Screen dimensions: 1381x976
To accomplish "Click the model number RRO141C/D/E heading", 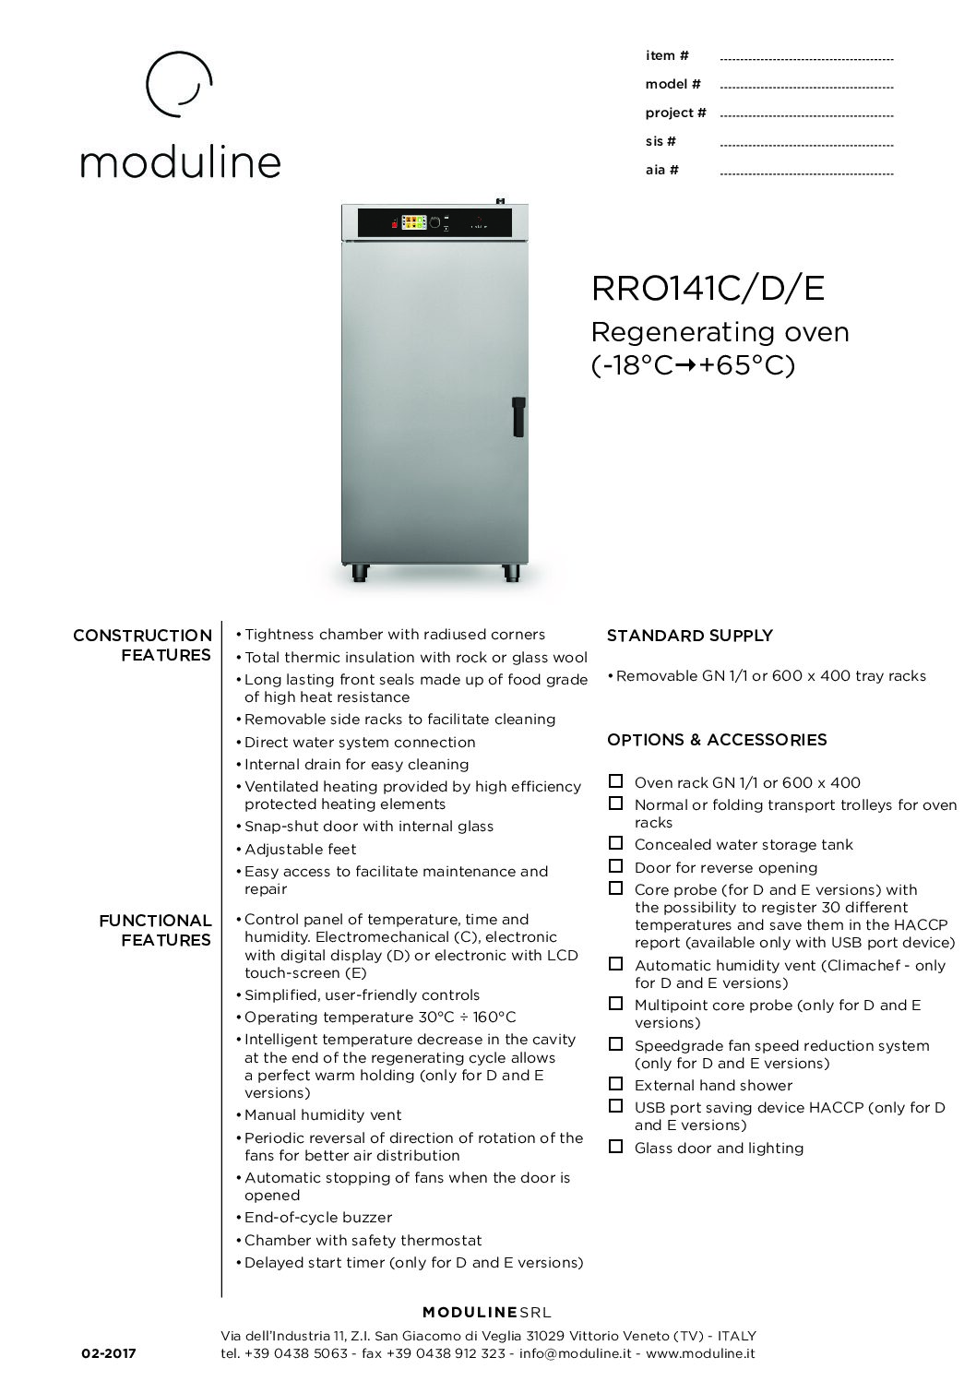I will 708,290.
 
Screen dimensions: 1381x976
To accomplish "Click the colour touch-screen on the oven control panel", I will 415,222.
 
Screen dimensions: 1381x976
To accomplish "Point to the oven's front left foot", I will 357,574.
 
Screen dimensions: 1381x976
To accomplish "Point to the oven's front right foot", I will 510,574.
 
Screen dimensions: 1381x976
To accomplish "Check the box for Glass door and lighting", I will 615,1147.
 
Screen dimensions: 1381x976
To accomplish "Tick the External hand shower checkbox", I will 615,1084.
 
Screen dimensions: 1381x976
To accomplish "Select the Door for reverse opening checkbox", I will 615,866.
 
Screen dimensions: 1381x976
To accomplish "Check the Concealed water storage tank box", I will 615,843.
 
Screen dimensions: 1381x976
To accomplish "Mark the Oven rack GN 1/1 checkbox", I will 615,781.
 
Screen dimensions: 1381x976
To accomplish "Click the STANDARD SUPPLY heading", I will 689,636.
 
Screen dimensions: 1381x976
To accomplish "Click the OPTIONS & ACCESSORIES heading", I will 717,740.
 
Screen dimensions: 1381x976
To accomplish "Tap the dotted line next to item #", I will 805,57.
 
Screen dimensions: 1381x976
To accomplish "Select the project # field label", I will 675,113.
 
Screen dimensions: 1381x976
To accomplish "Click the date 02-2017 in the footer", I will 109,1353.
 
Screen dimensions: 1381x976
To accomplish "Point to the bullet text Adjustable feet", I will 300,849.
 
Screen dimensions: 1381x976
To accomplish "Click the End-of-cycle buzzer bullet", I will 318,1218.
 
